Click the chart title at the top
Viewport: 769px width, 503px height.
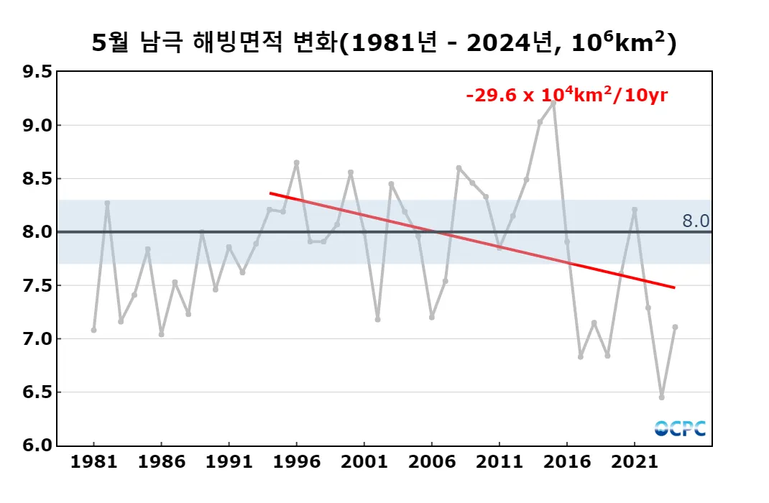(x=384, y=43)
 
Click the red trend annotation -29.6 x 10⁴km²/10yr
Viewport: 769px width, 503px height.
(x=567, y=95)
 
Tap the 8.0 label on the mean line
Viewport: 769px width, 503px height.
(x=696, y=221)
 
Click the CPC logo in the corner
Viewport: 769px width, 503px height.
(x=680, y=428)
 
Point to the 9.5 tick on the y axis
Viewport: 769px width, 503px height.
(x=37, y=72)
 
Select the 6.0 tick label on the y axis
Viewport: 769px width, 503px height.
(x=37, y=446)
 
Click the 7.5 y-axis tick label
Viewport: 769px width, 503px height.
(x=37, y=285)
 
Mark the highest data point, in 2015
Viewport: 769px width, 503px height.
(x=553, y=102)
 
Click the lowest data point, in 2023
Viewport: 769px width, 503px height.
(x=661, y=397)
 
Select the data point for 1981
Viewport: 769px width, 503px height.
(x=93, y=330)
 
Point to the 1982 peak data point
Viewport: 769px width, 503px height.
(x=107, y=203)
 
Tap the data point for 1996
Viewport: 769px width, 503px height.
(x=296, y=162)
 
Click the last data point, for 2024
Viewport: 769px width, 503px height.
(x=675, y=327)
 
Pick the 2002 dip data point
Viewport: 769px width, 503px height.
(x=377, y=319)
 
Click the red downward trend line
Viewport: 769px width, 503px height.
(x=471, y=240)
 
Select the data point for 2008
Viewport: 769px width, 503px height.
(x=459, y=167)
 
